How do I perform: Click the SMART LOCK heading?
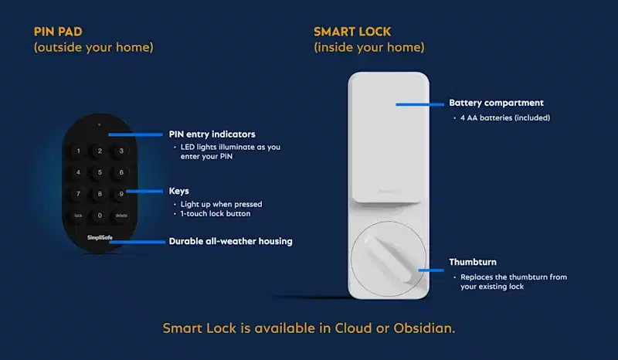pos(352,32)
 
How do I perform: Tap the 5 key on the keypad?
pos(99,172)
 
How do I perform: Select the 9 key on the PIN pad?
pos(121,194)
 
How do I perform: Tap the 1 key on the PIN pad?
pos(78,151)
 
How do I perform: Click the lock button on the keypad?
pos(78,216)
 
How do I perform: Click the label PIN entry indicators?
pos(212,134)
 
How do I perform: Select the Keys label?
pos(179,190)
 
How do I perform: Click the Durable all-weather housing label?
pos(230,241)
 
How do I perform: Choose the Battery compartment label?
pos(496,103)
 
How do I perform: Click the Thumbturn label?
pos(474,262)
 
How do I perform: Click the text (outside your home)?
pos(93,48)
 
